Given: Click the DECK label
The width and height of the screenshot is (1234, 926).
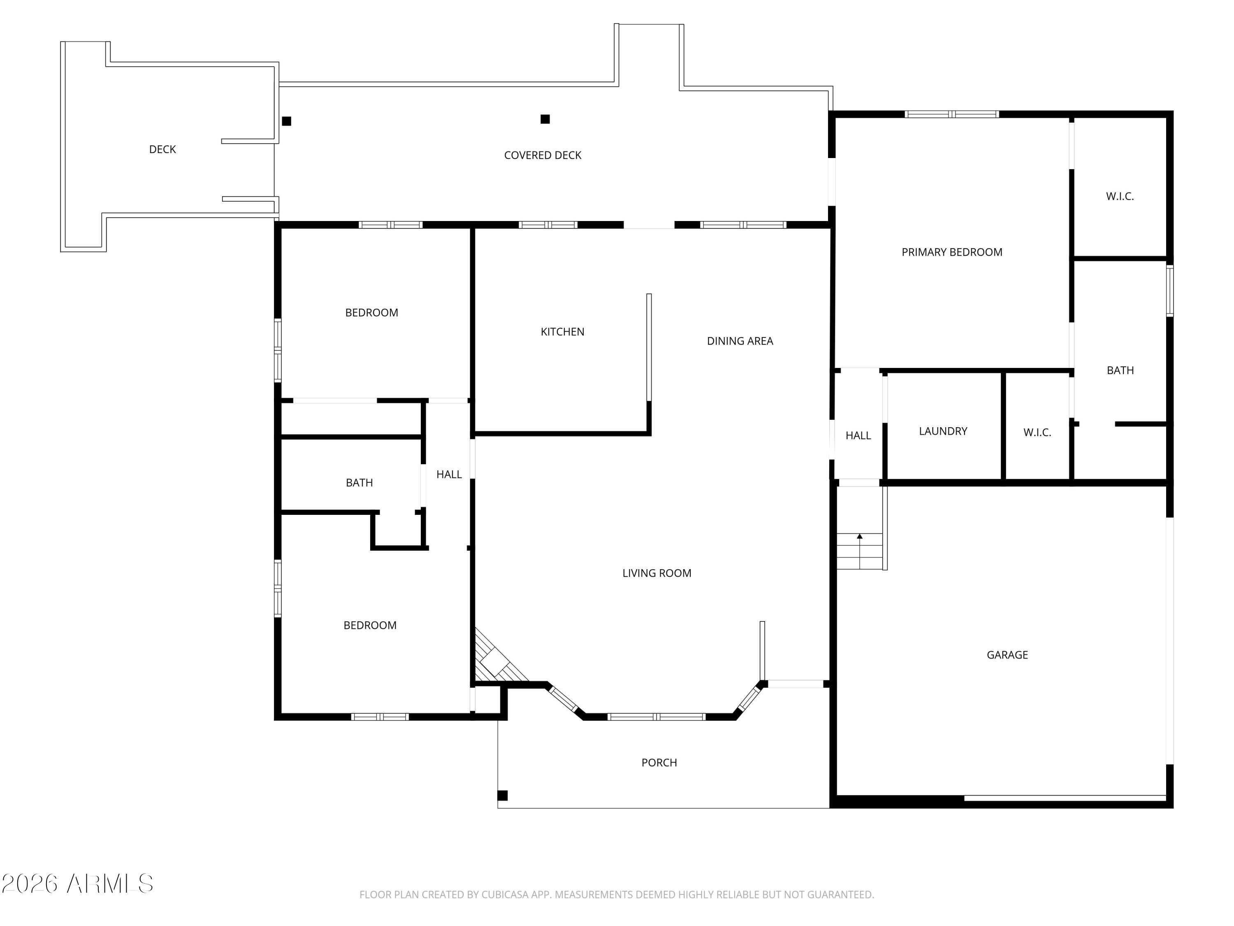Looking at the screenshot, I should [x=162, y=149].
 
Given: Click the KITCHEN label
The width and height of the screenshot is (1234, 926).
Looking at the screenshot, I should [x=562, y=332].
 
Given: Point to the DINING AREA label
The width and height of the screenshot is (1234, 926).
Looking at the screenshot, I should [x=739, y=341].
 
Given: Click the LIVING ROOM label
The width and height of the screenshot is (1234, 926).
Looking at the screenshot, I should [x=656, y=573].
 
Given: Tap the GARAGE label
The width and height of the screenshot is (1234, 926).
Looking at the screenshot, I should [x=1007, y=655].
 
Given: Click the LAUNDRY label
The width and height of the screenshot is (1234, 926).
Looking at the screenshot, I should [x=942, y=431].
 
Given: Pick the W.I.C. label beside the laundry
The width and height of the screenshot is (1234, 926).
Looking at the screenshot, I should [x=1037, y=433].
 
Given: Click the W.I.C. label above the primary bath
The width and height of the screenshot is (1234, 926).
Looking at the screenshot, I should [x=1119, y=196].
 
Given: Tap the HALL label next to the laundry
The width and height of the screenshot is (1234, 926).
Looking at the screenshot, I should [x=858, y=436].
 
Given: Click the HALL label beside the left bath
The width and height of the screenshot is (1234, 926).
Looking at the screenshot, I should [x=448, y=475].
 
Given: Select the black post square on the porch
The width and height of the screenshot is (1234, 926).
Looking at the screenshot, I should [x=502, y=796].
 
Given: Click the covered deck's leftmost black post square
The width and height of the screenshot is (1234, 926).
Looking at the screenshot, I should [x=286, y=121].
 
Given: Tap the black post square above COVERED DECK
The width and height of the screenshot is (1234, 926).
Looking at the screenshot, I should [x=545, y=119].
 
